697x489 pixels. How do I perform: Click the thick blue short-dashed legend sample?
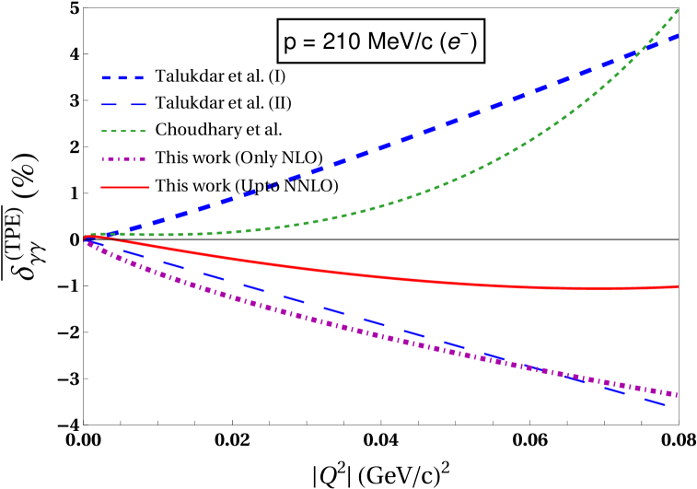coord(123,78)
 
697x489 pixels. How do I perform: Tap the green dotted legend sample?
coord(123,132)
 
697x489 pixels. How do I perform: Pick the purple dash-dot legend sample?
coord(123,159)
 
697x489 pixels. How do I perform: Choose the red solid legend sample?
coord(124,187)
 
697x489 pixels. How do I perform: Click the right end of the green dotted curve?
coord(678,10)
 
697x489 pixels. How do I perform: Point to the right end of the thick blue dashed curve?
coord(677,36)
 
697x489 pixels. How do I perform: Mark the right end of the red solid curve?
coord(678,286)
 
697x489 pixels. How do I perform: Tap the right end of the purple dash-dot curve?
coord(677,394)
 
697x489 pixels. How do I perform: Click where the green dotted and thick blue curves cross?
coord(637,55)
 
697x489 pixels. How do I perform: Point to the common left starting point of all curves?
coord(85,238)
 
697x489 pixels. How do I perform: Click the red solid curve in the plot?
coord(368,275)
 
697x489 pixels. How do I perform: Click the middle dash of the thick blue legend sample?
coord(123,78)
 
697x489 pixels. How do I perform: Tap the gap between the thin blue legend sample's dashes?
coord(125,105)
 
